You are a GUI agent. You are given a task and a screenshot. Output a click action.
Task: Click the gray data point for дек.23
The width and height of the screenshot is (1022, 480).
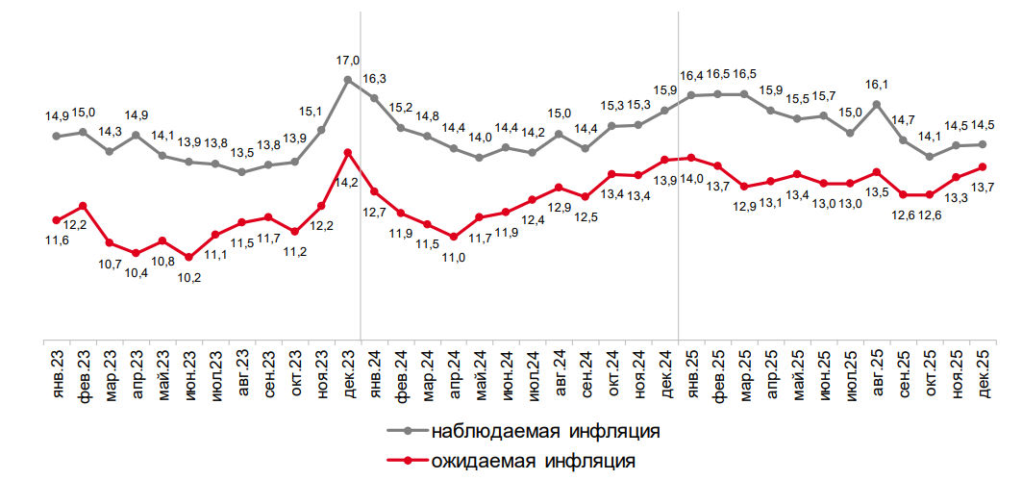coord(348,80)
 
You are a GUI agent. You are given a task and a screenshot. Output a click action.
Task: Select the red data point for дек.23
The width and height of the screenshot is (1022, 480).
coord(348,152)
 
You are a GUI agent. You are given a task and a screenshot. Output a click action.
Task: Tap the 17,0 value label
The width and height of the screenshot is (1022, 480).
coord(348,61)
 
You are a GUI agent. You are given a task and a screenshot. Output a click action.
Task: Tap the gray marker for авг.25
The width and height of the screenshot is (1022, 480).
coord(877,104)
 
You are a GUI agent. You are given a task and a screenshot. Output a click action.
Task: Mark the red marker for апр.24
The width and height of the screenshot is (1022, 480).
coord(454,237)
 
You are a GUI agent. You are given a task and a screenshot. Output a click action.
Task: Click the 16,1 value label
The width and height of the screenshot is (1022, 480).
coord(877,85)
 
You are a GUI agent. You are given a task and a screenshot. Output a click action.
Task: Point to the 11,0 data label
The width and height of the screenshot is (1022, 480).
coord(454,257)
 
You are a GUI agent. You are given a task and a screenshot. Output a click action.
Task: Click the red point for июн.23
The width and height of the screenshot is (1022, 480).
coord(188,257)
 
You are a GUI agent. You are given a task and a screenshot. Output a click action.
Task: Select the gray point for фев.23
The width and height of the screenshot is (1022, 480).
coord(83,132)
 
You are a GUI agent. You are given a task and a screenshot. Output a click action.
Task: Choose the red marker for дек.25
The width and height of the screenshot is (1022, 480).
coord(982,166)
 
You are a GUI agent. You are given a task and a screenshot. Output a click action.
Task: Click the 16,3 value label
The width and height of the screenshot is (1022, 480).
coord(375,79)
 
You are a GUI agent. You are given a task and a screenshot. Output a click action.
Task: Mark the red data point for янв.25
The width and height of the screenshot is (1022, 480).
coord(692,158)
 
